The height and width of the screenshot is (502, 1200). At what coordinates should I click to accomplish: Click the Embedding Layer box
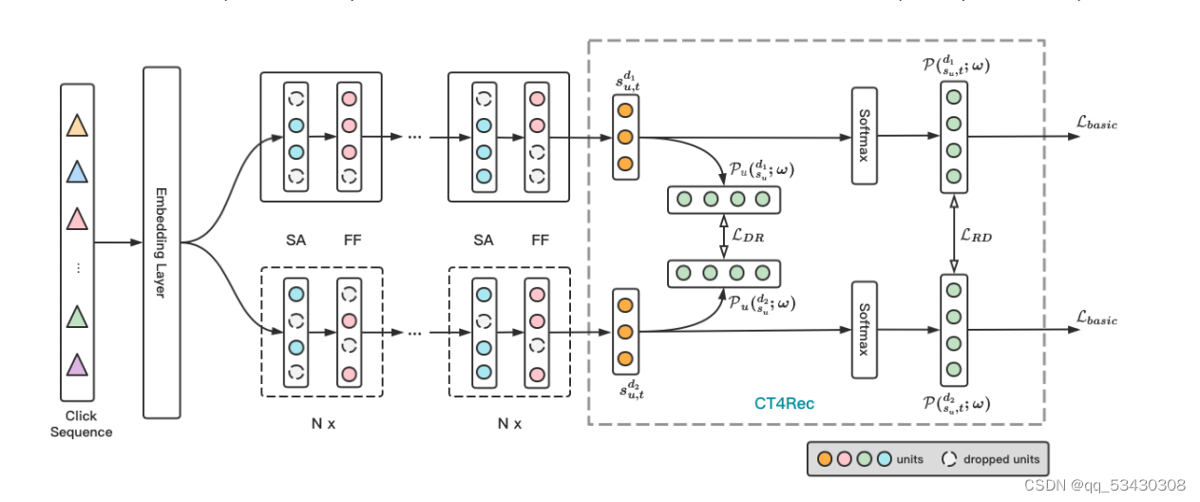[x=161, y=242]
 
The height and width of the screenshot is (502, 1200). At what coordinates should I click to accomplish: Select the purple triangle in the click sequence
[x=78, y=364]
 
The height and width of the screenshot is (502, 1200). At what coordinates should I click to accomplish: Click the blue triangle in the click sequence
[x=78, y=172]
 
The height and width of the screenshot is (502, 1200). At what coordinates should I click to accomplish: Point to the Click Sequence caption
[x=81, y=424]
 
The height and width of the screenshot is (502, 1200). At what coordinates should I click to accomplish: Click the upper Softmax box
[x=864, y=135]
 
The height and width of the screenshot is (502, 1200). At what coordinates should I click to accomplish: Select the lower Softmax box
[x=864, y=330]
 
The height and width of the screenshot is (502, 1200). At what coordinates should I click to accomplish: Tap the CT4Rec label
[x=784, y=403]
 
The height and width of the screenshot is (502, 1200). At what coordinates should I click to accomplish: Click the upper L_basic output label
[x=1096, y=123]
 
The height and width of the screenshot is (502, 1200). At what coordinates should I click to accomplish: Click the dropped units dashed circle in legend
[x=948, y=458]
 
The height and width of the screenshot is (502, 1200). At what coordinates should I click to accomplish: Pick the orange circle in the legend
[x=825, y=458]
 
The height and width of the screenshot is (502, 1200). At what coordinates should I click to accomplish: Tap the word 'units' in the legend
[x=909, y=459]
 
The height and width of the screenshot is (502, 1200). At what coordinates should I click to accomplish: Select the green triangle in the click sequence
[x=78, y=317]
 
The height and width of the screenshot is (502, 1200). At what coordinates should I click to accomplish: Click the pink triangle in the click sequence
[x=78, y=220]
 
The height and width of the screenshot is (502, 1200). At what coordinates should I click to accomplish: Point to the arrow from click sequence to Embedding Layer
[x=118, y=242]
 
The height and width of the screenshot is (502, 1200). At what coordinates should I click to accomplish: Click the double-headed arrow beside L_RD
[x=953, y=234]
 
